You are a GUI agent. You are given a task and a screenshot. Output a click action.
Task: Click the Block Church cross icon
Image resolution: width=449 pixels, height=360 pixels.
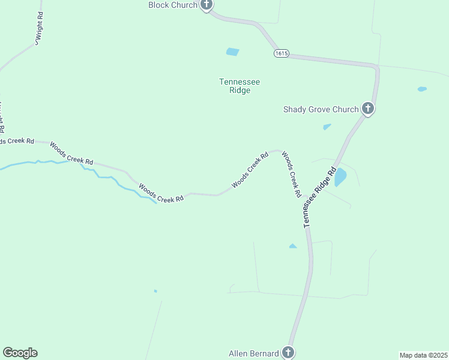206,5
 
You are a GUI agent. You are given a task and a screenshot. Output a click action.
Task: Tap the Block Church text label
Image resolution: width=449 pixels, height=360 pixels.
173,5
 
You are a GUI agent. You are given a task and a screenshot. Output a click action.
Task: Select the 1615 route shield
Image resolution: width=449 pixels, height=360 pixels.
282,53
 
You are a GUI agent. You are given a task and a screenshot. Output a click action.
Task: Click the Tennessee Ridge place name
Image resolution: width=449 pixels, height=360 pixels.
235,86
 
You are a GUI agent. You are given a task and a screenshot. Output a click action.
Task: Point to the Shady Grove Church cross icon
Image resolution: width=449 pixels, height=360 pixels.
368,109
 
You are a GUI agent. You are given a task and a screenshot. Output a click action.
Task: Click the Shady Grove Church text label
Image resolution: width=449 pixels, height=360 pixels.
321,109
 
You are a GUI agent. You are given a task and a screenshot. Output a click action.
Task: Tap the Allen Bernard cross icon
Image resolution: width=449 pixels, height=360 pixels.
288,353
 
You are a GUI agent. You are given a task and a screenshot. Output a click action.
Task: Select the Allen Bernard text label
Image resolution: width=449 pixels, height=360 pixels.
253,353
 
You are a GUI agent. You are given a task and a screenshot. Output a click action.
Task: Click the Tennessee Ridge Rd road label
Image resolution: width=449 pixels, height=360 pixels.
318,197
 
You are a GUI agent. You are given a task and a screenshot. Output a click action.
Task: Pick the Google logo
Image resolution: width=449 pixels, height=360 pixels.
20,353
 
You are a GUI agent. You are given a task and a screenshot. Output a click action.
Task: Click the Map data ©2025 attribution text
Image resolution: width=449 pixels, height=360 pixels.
423,355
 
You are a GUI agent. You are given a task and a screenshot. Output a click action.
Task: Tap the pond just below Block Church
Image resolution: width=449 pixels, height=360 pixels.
232,52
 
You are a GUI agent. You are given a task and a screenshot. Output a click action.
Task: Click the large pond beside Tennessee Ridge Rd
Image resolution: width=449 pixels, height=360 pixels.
340,177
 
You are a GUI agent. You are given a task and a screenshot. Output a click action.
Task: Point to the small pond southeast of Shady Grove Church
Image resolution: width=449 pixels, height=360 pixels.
327,127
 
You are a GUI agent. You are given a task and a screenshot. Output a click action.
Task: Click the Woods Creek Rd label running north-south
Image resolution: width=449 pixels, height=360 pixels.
291,174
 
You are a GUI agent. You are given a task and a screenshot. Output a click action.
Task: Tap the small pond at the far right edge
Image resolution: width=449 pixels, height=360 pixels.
422,89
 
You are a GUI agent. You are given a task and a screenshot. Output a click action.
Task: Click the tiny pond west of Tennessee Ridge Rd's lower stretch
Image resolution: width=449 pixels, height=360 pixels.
292,246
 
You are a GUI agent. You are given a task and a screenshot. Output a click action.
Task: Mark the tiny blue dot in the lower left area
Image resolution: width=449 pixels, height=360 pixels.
155,292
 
